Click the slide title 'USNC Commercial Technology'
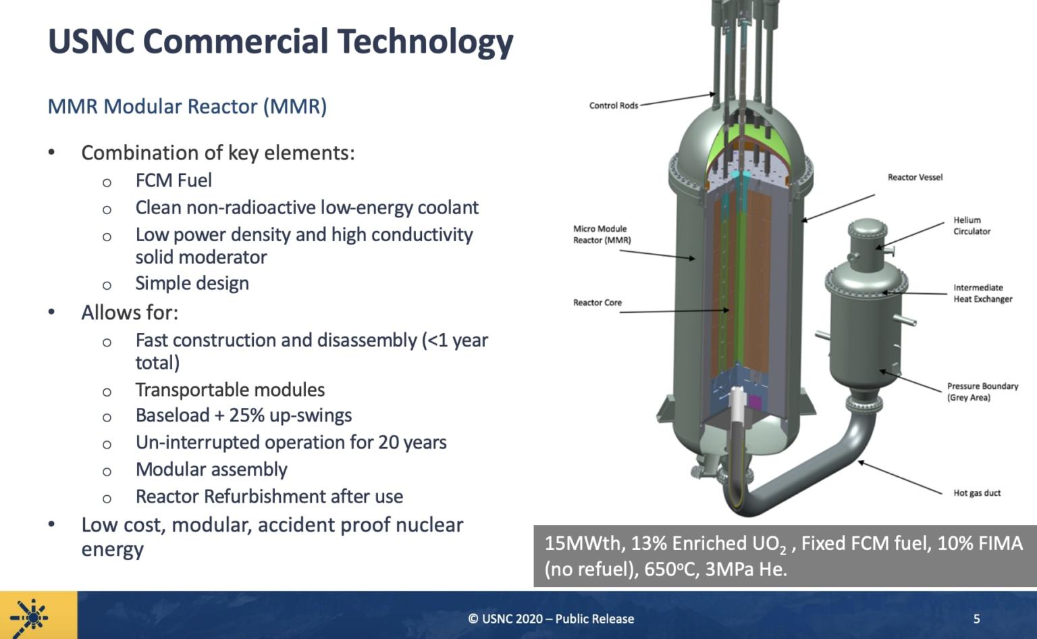tap(280, 42)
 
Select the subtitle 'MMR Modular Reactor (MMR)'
tap(187, 107)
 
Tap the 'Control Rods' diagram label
tap(613, 105)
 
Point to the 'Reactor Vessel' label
tap(915, 177)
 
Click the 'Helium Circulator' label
tap(972, 226)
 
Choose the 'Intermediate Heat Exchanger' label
tap(982, 293)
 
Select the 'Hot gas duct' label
tap(977, 493)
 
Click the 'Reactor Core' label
tap(597, 303)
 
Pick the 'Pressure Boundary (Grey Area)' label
tap(982, 392)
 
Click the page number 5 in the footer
tap(976, 618)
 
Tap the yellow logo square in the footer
tap(38, 615)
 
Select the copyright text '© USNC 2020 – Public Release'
tap(551, 619)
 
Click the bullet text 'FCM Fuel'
tap(174, 180)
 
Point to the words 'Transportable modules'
tap(230, 390)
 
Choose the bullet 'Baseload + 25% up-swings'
tap(243, 415)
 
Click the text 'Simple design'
tap(192, 283)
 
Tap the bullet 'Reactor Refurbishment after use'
tap(269, 496)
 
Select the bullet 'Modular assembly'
tap(211, 469)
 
